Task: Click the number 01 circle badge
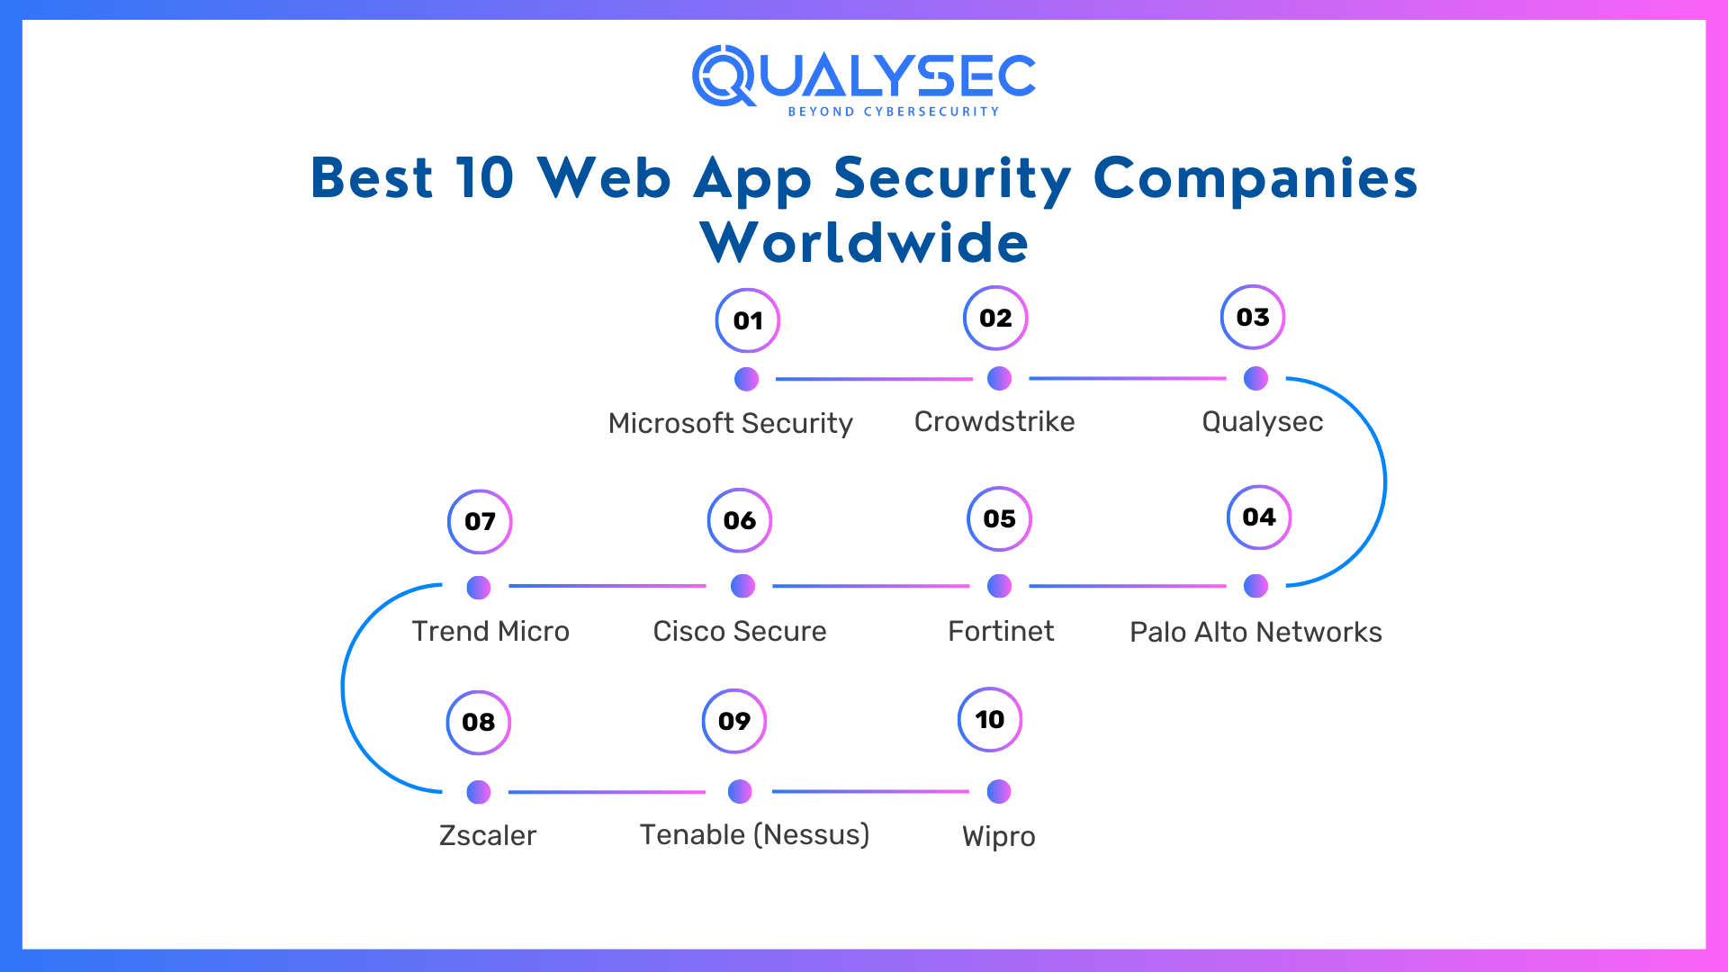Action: [x=747, y=320]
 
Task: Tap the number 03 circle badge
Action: [x=1252, y=317]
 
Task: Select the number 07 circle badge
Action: [x=480, y=521]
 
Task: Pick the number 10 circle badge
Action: [x=989, y=719]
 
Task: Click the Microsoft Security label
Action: [x=730, y=423]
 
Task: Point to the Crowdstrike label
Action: [x=994, y=421]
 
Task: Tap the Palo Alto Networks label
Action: [x=1255, y=632]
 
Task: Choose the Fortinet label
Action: [x=1001, y=631]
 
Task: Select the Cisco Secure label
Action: [x=739, y=631]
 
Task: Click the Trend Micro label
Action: [x=490, y=631]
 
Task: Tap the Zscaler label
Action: [x=487, y=835]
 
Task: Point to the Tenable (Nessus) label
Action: [x=754, y=834]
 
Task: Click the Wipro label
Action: [x=998, y=836]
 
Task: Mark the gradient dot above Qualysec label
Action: [x=1255, y=379]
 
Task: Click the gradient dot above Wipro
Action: [x=999, y=792]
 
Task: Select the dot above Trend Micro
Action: [x=479, y=588]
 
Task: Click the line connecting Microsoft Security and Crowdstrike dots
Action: [x=873, y=379]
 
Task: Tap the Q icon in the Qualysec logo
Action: [x=724, y=76]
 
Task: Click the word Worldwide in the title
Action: [x=864, y=242]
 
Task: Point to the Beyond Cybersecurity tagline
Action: [x=893, y=112]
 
